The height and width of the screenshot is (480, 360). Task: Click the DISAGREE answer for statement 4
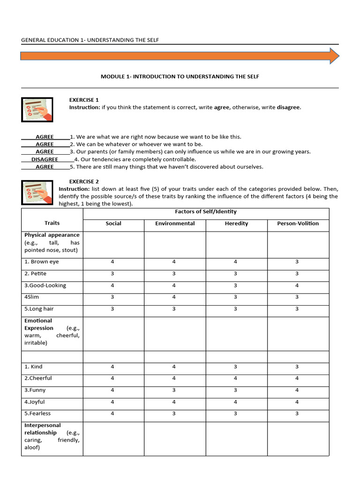click(x=45, y=159)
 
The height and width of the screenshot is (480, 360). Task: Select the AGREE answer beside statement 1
click(x=45, y=137)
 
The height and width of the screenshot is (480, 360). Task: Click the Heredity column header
click(x=236, y=224)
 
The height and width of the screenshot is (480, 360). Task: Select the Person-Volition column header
click(x=298, y=224)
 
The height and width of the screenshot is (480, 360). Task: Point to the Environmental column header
click(x=175, y=224)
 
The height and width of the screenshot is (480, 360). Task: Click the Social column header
click(x=113, y=224)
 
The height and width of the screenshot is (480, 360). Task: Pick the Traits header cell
click(x=52, y=224)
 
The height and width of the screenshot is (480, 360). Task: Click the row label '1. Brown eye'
click(x=42, y=262)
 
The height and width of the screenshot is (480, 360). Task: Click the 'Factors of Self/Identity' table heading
click(x=206, y=212)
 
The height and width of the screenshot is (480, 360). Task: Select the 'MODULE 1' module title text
click(x=180, y=76)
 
